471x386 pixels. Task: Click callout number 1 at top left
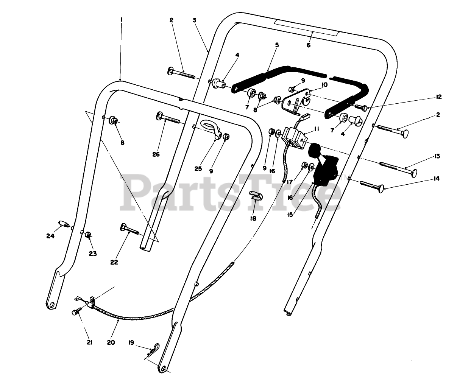point(121,19)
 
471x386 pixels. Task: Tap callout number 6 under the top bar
point(308,45)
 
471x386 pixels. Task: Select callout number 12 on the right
point(438,97)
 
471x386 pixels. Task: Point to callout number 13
point(438,156)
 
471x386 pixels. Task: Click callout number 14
point(437,179)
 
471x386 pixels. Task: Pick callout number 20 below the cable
point(111,342)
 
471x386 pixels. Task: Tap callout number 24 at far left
point(50,236)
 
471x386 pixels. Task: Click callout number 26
point(156,154)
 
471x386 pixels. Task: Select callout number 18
point(253,218)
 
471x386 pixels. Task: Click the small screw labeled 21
point(76,312)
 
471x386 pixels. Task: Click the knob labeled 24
point(64,223)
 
